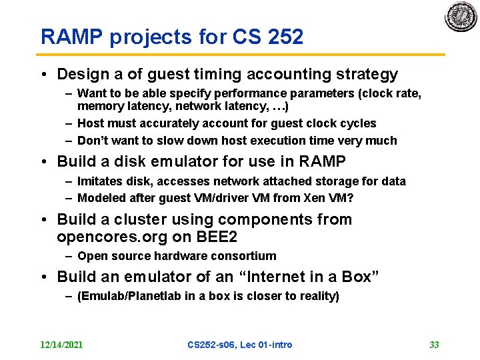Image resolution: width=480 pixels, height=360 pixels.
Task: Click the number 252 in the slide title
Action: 285,37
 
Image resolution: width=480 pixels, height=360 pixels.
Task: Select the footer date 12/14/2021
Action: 61,345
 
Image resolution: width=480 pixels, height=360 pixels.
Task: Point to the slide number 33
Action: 434,345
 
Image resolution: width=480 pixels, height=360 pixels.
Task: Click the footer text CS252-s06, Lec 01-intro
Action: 239,345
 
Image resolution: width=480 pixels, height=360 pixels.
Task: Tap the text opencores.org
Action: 109,237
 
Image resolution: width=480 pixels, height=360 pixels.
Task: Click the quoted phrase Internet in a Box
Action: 311,276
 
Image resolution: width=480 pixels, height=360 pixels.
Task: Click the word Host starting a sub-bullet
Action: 90,123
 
